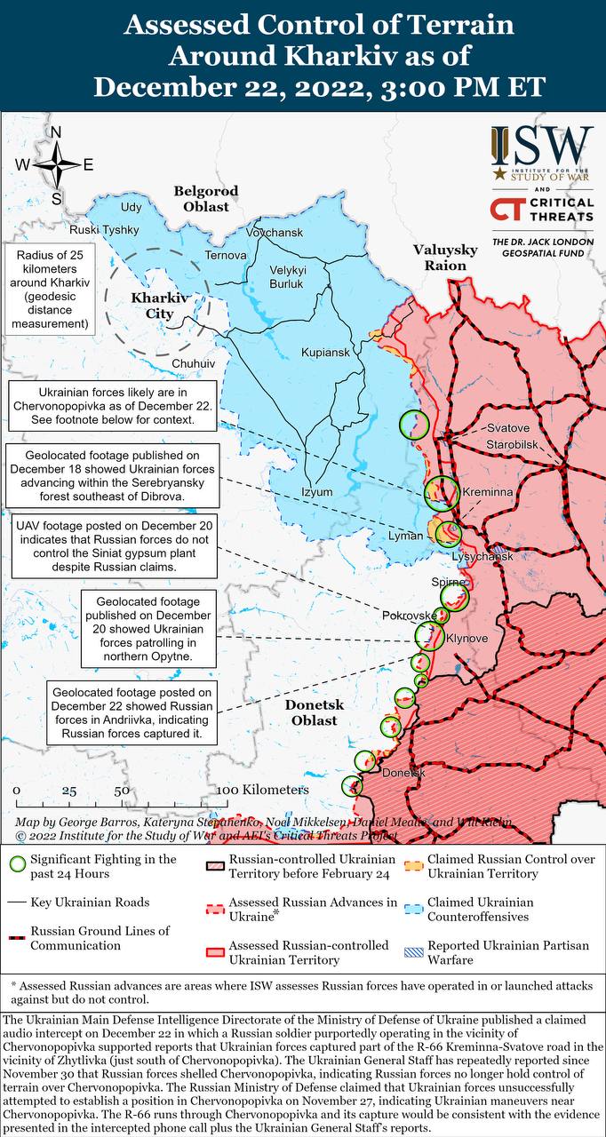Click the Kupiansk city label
[x=325, y=353]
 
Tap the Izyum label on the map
[x=316, y=492]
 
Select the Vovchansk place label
[x=275, y=233]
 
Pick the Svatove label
[x=507, y=428]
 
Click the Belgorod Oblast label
[x=206, y=199]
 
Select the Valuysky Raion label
[x=445, y=258]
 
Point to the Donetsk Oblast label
[x=311, y=712]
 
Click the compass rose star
[x=56, y=164]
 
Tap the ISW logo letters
[x=541, y=144]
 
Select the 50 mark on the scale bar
[x=123, y=790]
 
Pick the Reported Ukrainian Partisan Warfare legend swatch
[x=413, y=952]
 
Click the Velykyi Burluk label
[x=288, y=277]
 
